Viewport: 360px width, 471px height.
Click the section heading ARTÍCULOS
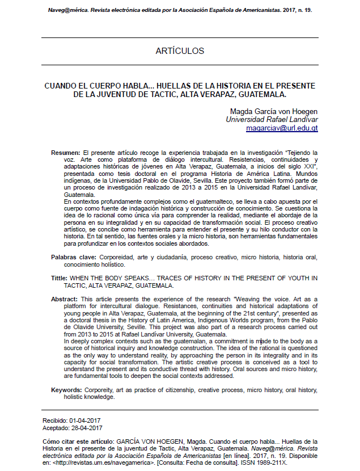pyautogui.click(x=180, y=51)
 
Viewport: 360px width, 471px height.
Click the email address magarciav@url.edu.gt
pyautogui.click(x=282, y=128)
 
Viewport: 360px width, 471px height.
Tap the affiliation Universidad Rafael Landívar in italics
pyautogui.click(x=272, y=120)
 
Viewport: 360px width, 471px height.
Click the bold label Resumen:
pyautogui.click(x=66, y=154)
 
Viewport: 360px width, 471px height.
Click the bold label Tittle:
pyautogui.click(x=59, y=278)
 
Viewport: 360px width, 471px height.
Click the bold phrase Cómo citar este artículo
pyautogui.click(x=79, y=441)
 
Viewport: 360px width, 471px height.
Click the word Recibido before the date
pyautogui.click(x=55, y=419)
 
